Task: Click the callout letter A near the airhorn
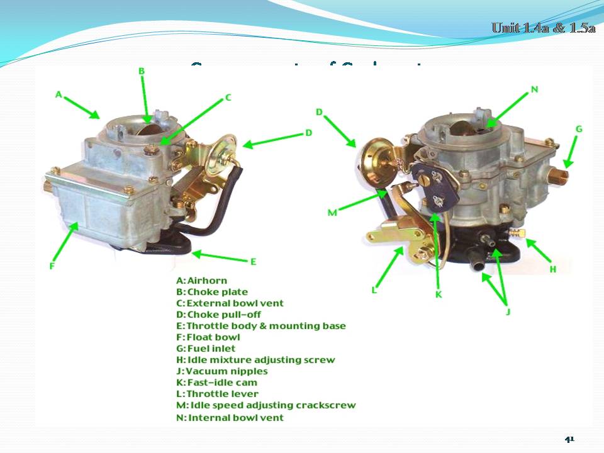[58, 94]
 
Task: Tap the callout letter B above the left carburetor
[142, 72]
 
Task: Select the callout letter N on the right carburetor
[534, 89]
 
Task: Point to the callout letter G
[579, 129]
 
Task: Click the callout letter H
[553, 269]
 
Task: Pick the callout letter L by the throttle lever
[374, 290]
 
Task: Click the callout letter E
[253, 262]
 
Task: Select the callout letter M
[332, 213]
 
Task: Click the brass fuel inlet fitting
[558, 173]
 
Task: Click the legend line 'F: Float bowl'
[208, 337]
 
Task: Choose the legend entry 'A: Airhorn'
[201, 281]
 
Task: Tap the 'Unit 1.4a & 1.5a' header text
[543, 28]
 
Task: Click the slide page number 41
[569, 439]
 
